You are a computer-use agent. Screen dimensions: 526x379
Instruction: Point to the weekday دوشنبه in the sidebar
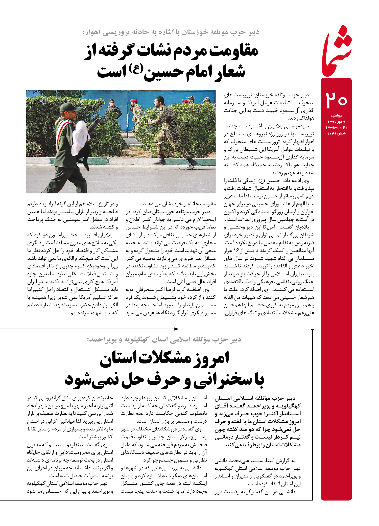tap(336, 116)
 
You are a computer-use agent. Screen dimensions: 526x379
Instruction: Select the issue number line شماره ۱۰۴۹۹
tap(336, 133)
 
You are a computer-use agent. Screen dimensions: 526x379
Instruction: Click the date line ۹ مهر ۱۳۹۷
tap(336, 122)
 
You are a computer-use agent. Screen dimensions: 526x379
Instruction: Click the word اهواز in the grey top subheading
tap(92, 32)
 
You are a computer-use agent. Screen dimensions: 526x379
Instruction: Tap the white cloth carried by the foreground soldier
tap(80, 138)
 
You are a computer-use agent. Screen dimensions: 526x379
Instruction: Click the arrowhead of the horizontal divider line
tap(177, 329)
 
